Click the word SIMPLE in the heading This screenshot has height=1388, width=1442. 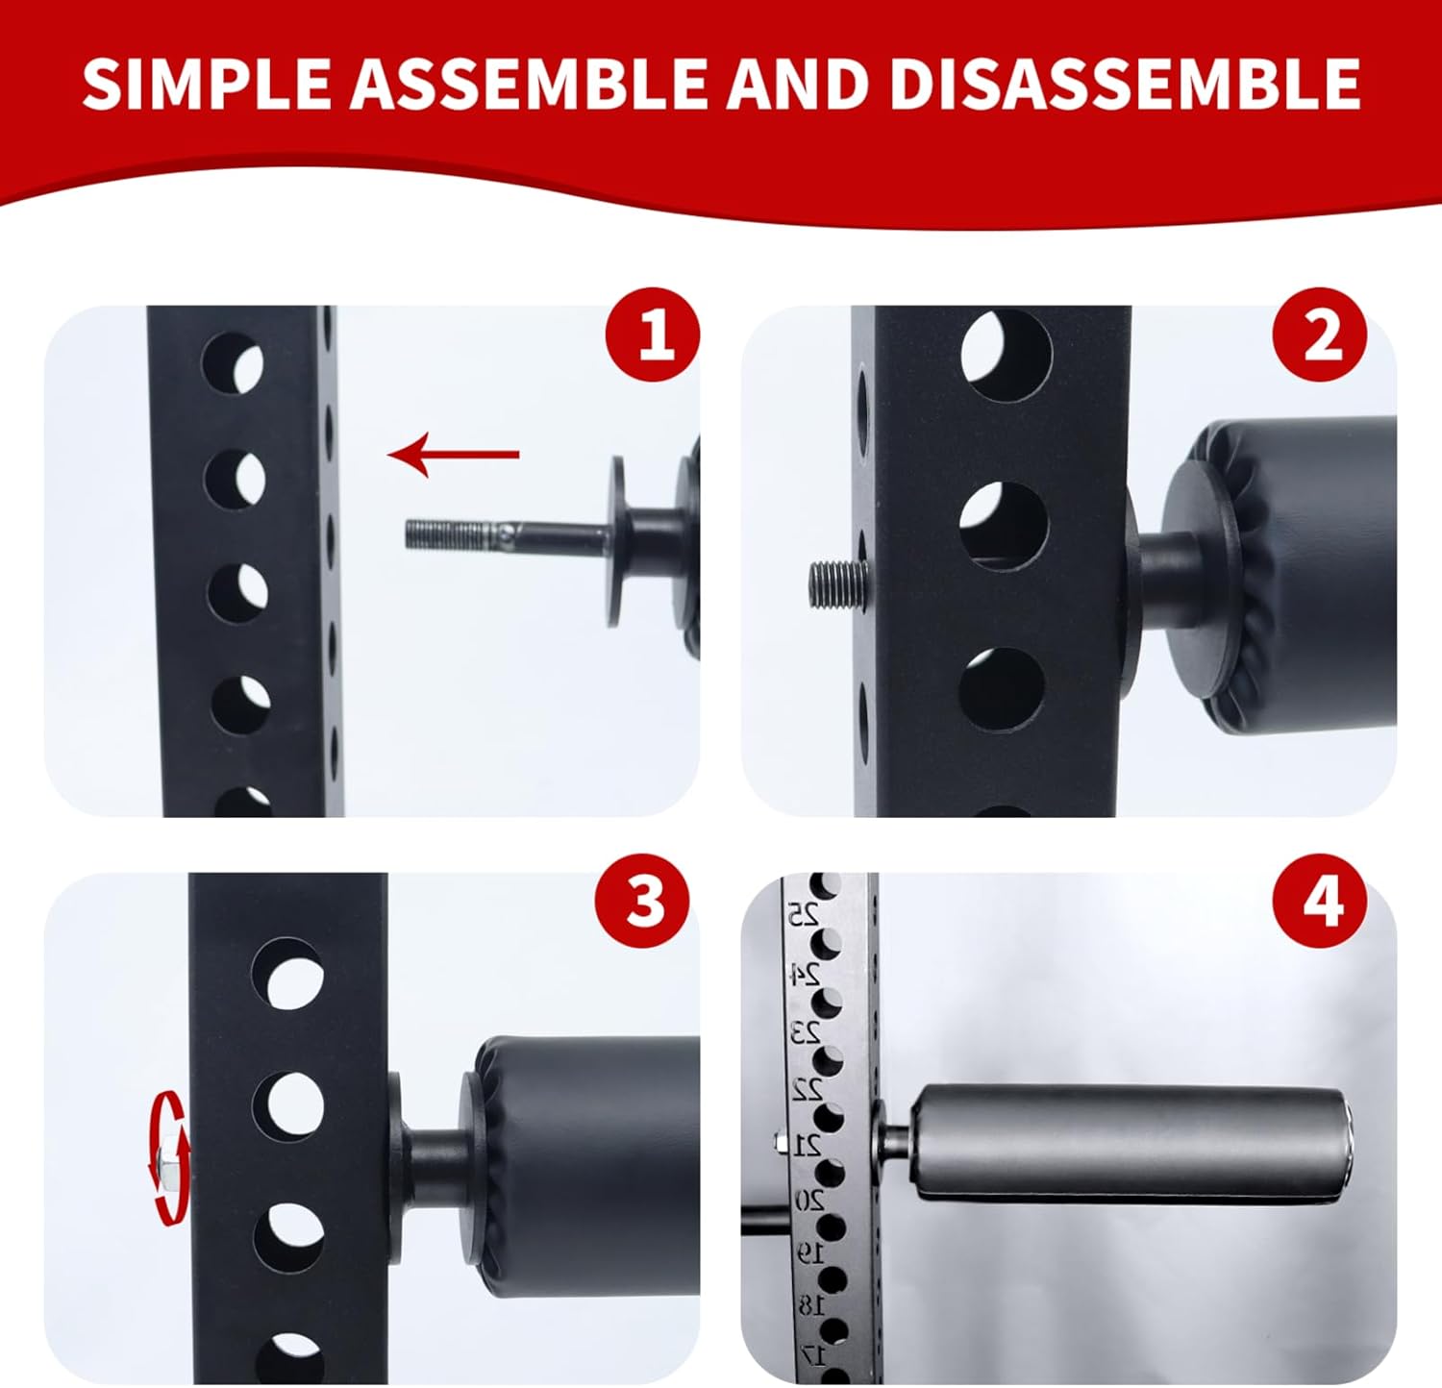pos(207,84)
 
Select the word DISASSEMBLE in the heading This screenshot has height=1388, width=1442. pos(1124,84)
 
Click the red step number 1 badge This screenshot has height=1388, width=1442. pos(653,335)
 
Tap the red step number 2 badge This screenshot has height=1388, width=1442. pos(1320,335)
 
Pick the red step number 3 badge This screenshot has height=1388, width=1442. pos(642,902)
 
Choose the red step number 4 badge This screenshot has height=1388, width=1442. pos(1320,902)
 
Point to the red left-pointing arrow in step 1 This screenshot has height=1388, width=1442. pos(454,454)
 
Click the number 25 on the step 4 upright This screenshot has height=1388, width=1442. pos(804,913)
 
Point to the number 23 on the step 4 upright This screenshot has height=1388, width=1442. pos(806,1032)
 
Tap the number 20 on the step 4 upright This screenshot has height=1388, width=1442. pos(809,1200)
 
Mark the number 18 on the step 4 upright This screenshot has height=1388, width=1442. pos(811,1304)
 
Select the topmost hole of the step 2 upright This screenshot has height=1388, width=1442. pos(1006,356)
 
